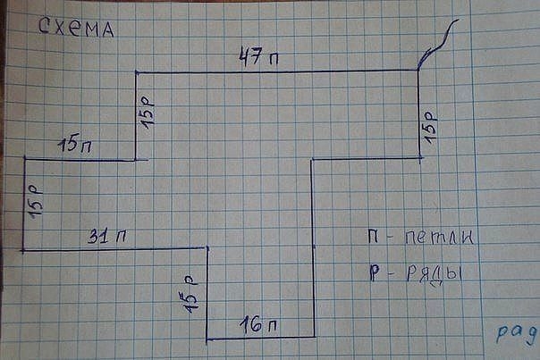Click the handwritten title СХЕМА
coord(77,29)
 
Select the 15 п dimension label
coord(77,144)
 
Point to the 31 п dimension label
coord(106,237)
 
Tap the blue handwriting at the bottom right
coord(517,331)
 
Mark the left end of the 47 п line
coord(136,72)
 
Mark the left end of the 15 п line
coord(24,159)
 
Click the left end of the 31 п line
coord(24,250)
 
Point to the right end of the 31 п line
coord(207,248)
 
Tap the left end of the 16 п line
coord(207,339)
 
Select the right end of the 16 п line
coord(314,337)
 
